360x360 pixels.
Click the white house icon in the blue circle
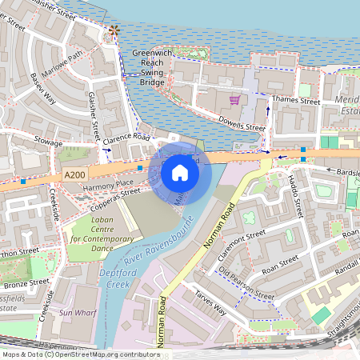click(180, 172)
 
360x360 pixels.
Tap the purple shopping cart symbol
click(234, 100)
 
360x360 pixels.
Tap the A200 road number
click(73, 174)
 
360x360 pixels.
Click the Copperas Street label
click(122, 198)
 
